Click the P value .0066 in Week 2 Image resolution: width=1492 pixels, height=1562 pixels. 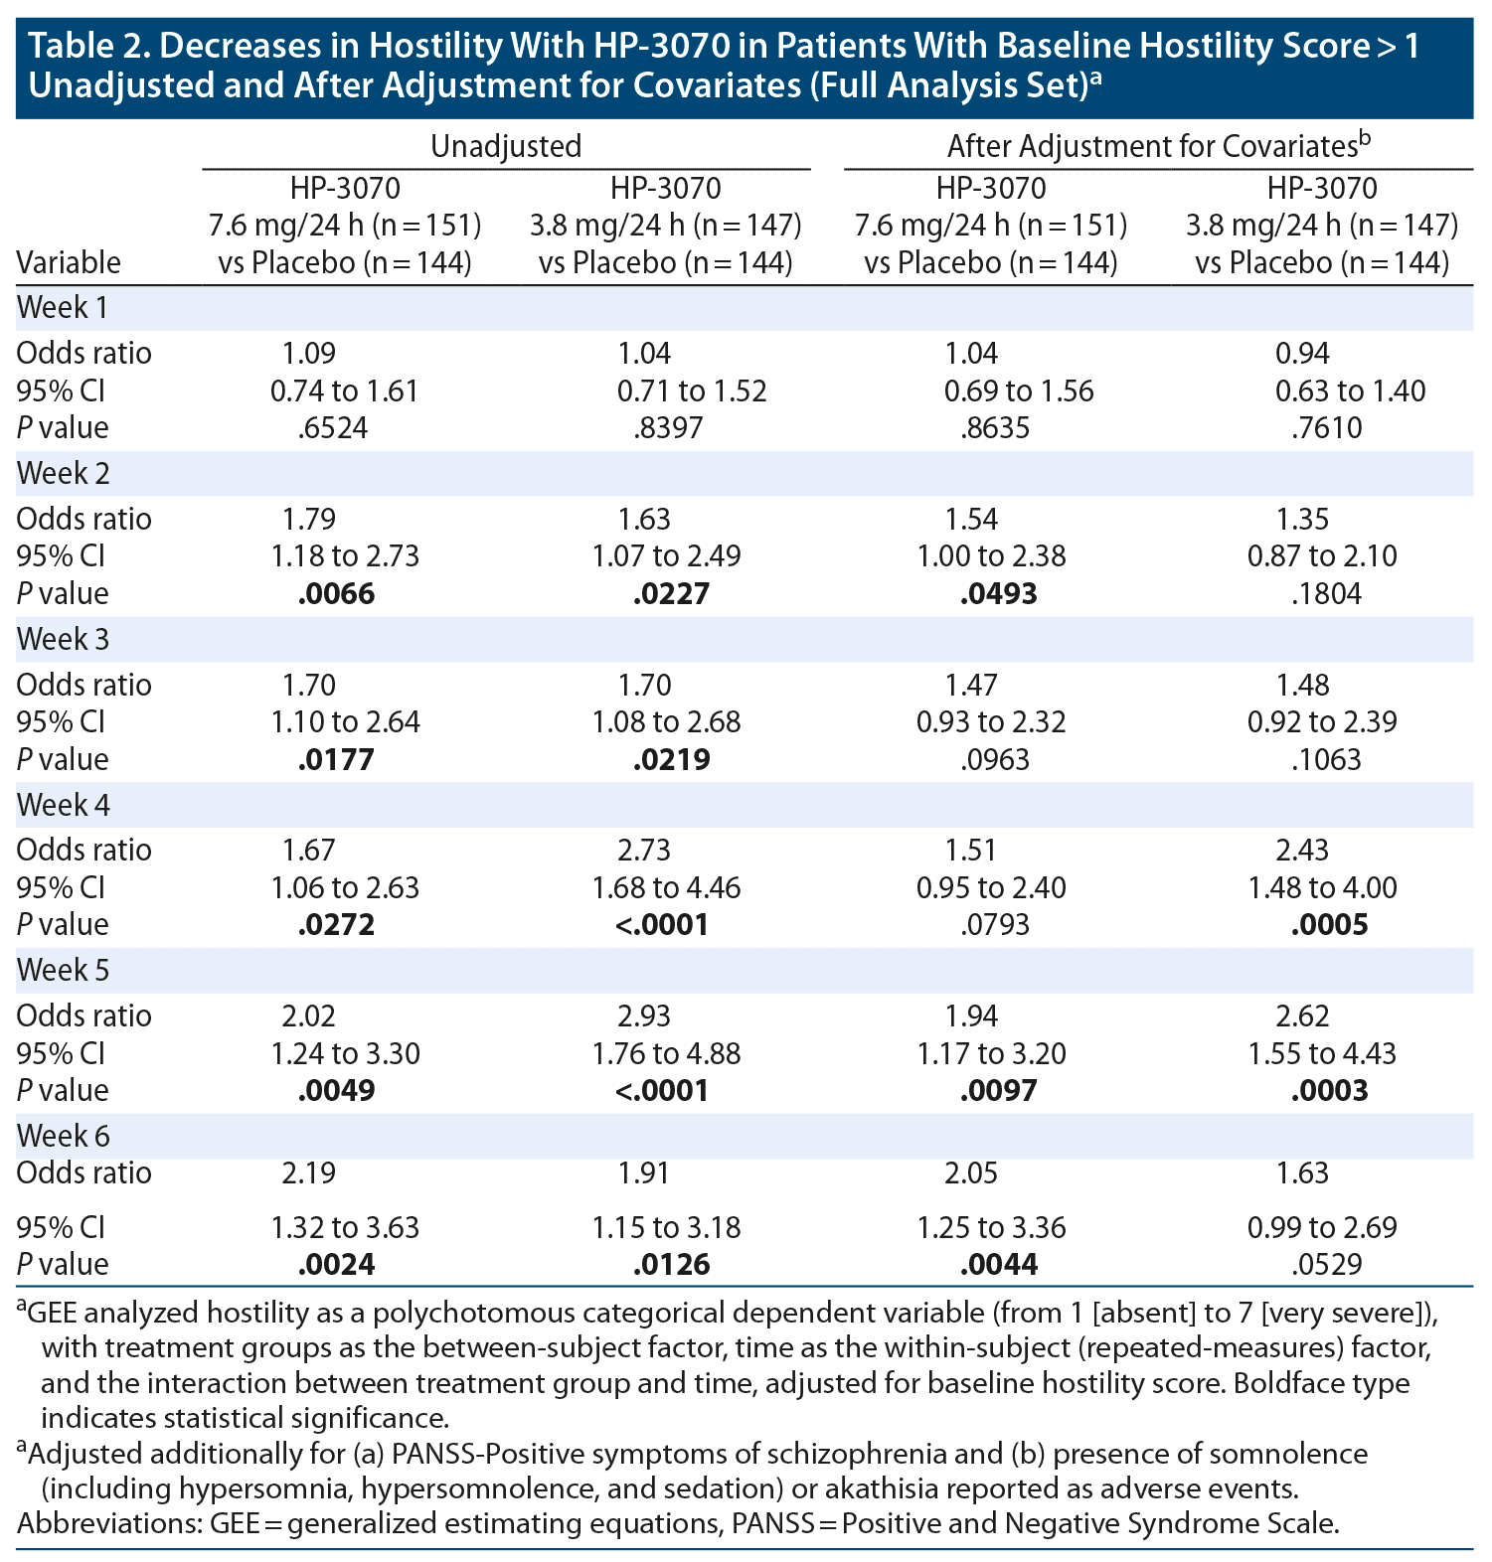[337, 594]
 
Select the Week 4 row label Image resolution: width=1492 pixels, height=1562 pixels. [63, 805]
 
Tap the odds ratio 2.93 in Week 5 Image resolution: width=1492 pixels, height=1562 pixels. [644, 1016]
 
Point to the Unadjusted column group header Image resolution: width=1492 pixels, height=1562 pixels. [506, 147]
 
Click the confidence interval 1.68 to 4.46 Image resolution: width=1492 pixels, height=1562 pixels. [666, 887]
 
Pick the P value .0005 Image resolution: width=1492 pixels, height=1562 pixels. [1329, 925]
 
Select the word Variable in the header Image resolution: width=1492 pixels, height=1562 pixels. [69, 262]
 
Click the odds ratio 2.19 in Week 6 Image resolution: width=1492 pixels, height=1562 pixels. [308, 1173]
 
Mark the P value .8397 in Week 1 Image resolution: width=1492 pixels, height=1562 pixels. [668, 428]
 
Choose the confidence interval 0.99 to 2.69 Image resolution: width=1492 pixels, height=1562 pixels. [1322, 1227]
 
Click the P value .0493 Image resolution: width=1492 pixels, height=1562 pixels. [999, 594]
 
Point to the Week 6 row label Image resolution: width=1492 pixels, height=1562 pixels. [63, 1136]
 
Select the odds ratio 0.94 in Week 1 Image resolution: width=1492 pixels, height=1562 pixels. [1302, 354]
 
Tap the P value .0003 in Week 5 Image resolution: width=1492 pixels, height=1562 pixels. [1329, 1091]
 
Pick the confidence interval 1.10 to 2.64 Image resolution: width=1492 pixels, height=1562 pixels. [345, 721]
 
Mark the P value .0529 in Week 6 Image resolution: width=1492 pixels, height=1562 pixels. [1326, 1265]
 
